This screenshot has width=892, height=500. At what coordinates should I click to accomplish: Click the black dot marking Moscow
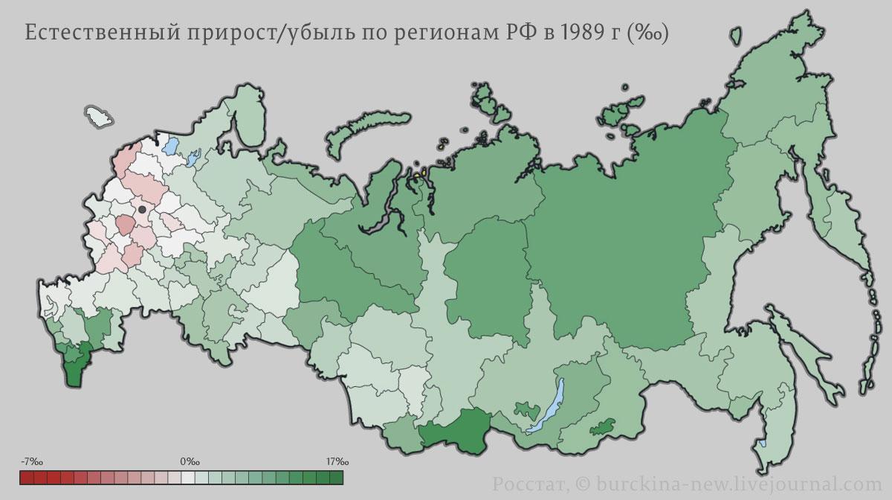click(142, 210)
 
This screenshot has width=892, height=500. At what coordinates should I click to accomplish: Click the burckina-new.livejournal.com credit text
click(737, 483)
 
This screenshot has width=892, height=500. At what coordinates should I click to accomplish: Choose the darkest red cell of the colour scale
click(28, 477)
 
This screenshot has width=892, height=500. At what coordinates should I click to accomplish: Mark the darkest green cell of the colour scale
click(336, 477)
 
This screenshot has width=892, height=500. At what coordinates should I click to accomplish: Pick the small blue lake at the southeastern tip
click(763, 443)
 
